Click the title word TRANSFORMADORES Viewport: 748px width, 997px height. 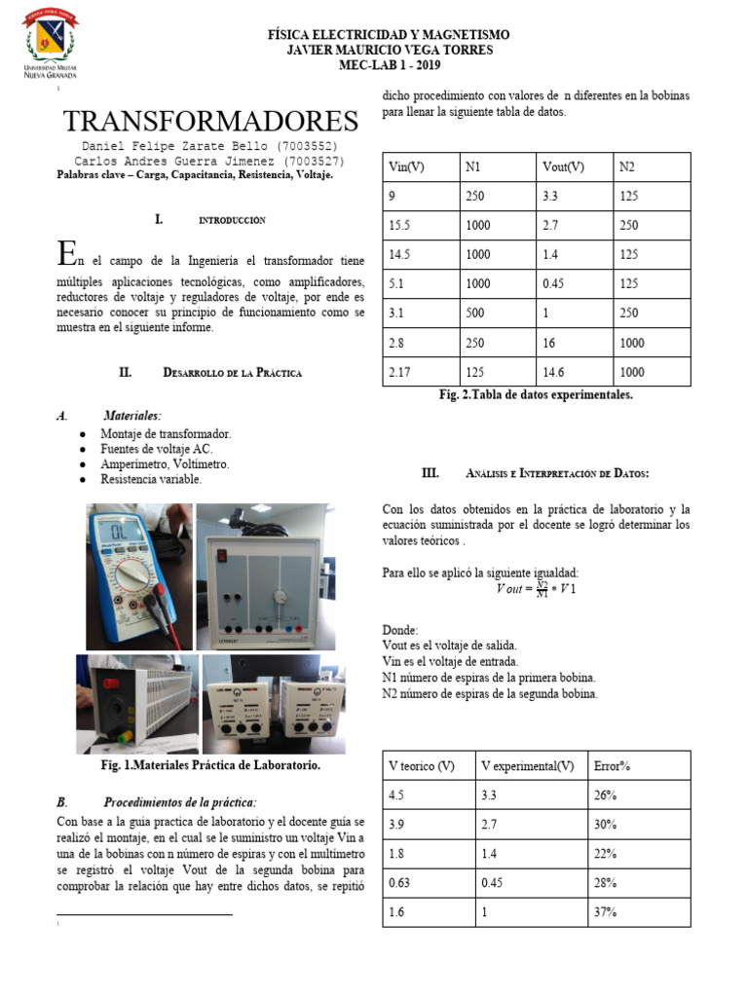[210, 122]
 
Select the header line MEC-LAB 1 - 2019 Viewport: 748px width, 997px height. [388, 64]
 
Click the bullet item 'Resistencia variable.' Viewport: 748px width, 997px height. [151, 479]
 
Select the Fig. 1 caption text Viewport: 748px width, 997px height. [211, 766]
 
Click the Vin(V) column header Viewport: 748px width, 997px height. [406, 167]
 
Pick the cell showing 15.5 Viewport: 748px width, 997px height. [399, 225]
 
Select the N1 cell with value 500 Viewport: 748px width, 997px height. [476, 313]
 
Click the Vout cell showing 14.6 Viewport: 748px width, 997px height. [555, 371]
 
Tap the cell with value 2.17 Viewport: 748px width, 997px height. [400, 371]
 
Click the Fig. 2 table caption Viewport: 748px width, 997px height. [537, 395]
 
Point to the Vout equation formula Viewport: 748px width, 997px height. [537, 589]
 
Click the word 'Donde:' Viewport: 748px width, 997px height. [400, 630]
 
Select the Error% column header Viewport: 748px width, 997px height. [612, 766]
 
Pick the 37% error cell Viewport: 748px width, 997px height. [605, 912]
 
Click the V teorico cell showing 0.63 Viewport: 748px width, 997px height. [400, 883]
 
